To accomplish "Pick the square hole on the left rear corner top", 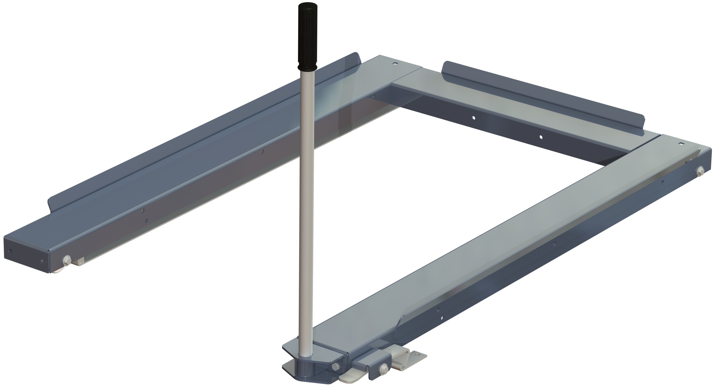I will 395,63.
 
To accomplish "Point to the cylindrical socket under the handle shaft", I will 305,370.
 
